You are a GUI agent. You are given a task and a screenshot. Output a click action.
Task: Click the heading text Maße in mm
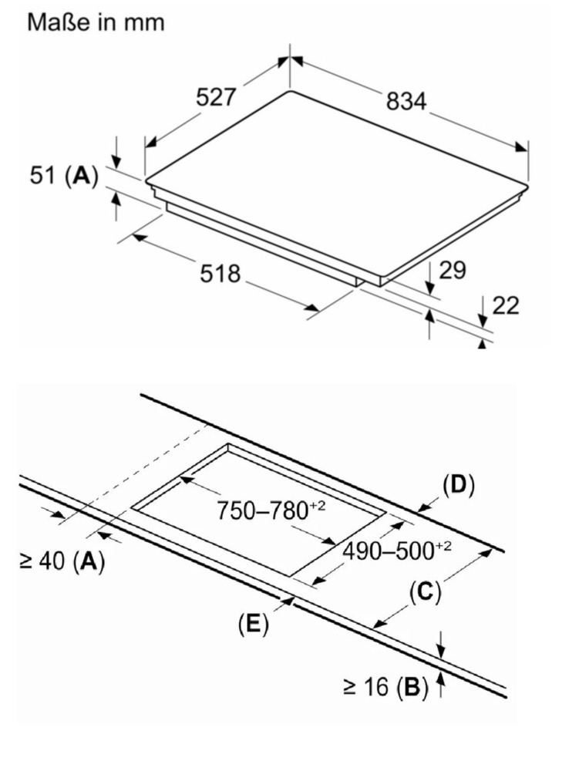(96, 22)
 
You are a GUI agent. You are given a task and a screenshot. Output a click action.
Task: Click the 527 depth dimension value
(217, 96)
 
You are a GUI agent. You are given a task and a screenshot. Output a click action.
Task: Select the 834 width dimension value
(406, 101)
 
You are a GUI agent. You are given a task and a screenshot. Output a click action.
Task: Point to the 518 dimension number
(220, 274)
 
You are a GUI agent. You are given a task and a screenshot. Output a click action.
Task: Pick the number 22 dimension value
(505, 305)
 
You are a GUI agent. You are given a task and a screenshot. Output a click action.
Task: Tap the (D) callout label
(459, 485)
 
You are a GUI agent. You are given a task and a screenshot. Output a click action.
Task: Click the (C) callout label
(426, 592)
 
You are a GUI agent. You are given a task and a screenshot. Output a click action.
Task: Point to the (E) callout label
(254, 624)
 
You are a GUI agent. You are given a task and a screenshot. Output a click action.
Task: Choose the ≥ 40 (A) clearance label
(62, 561)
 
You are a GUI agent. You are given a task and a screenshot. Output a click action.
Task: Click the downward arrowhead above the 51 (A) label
(116, 162)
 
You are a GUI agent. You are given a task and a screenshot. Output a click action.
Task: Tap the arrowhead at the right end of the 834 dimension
(521, 147)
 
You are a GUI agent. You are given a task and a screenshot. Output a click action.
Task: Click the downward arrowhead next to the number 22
(483, 321)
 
